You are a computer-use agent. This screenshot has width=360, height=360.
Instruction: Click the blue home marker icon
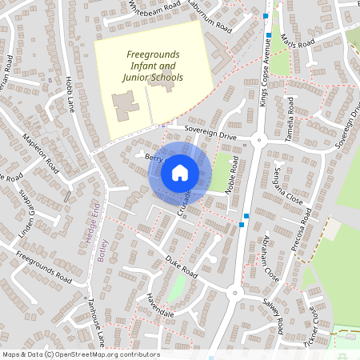179,172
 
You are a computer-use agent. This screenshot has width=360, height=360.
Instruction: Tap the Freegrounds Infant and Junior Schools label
154,66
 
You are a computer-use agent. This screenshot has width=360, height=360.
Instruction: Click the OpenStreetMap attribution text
80,354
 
